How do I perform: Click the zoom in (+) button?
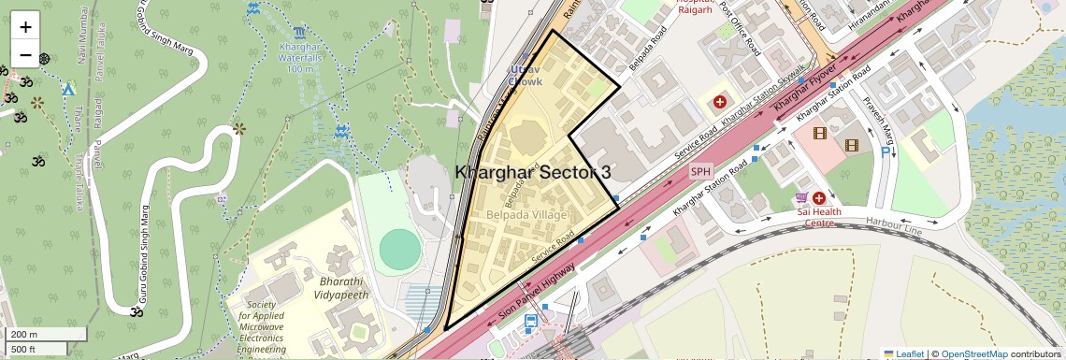pos(25,27)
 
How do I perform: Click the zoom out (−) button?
pos(25,55)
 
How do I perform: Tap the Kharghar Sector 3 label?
pos(533,173)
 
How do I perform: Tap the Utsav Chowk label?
pos(526,76)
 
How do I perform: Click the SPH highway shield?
pos(700,172)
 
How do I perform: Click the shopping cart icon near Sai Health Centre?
pos(801,198)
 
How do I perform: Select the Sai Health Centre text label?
pos(818,217)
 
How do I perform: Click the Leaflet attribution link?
pos(903,353)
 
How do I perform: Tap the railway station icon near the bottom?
pos(531,323)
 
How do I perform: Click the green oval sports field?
pos(400,249)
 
